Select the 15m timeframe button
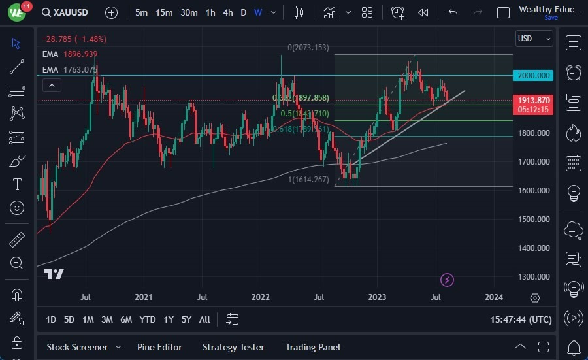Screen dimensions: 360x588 click(x=164, y=12)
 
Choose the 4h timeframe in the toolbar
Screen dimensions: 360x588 click(x=227, y=12)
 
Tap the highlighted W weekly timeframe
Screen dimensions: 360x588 click(x=258, y=12)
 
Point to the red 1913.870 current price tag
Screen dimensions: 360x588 click(x=534, y=101)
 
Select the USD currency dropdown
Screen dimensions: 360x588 click(x=533, y=39)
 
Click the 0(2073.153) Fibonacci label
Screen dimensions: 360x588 click(x=309, y=48)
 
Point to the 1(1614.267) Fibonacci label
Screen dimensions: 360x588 click(x=308, y=180)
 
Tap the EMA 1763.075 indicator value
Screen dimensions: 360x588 click(x=79, y=69)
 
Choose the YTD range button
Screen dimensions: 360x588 click(x=148, y=319)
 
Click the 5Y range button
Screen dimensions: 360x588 click(x=186, y=319)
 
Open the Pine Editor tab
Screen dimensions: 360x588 click(x=159, y=347)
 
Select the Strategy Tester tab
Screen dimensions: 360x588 click(x=233, y=347)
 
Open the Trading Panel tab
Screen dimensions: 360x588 click(x=313, y=347)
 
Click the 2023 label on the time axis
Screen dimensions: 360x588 click(x=378, y=297)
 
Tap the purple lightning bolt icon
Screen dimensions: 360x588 click(x=447, y=280)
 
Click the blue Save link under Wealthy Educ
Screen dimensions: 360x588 click(x=551, y=18)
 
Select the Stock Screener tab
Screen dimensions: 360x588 click(x=78, y=347)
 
